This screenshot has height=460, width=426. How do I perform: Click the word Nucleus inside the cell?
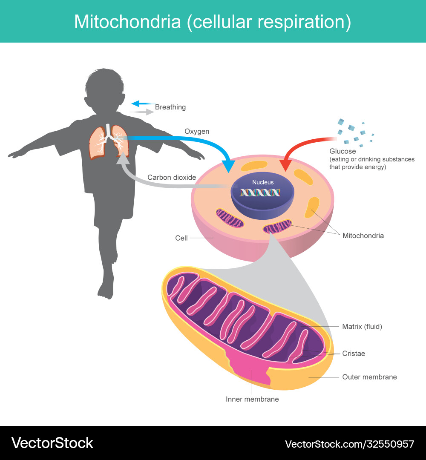point(263,182)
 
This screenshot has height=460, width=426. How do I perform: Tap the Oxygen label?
point(197,131)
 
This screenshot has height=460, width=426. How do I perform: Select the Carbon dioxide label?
point(172,177)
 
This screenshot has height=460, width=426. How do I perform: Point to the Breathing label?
point(170,107)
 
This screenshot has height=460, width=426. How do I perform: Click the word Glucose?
point(343,151)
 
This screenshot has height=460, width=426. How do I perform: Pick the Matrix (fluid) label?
point(362,327)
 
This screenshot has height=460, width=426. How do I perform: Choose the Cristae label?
point(354,354)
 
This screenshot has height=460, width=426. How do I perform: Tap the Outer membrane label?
point(369,377)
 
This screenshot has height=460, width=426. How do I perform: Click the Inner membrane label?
point(252,399)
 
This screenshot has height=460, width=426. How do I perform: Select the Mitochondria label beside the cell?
point(363,236)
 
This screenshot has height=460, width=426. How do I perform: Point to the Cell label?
point(181,238)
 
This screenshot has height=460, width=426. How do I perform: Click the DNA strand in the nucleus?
point(260,193)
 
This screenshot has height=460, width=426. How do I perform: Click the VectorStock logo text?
point(52,443)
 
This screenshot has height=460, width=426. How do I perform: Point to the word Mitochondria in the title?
point(127,22)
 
